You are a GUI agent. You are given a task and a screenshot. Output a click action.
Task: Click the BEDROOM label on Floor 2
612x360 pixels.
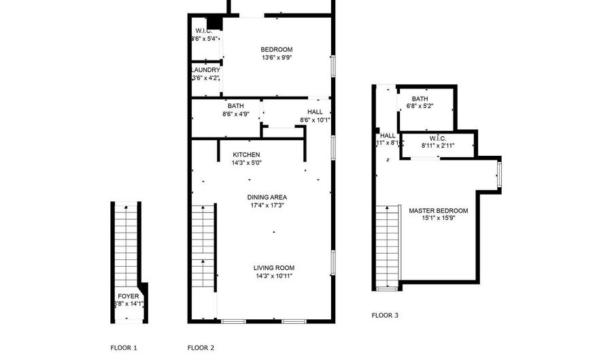pos(277,50)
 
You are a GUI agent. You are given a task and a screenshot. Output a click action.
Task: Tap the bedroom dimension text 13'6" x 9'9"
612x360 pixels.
pos(277,58)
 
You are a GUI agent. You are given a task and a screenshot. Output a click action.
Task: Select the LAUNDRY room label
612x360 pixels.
pos(205,70)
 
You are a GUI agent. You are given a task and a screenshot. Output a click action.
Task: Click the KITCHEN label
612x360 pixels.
pos(246,154)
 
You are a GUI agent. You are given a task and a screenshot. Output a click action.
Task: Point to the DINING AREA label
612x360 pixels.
pos(266,197)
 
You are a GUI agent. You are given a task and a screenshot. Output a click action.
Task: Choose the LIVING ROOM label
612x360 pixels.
pos(274,267)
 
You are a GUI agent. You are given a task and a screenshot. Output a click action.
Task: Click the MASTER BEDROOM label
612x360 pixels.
pos(438,211)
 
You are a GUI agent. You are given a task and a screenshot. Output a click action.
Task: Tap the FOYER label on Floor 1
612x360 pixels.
pos(129,296)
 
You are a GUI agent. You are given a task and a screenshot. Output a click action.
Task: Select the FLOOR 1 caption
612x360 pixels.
pos(124,348)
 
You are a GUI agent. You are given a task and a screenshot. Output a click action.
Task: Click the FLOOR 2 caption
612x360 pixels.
pos(201,348)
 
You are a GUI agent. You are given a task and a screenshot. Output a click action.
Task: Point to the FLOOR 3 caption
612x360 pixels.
pos(385,315)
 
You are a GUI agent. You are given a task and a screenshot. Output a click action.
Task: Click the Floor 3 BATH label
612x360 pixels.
pos(420,99)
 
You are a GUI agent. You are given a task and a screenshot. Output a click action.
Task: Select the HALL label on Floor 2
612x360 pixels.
pos(315,112)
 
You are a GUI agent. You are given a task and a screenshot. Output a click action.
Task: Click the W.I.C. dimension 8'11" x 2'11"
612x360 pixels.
pos(438,146)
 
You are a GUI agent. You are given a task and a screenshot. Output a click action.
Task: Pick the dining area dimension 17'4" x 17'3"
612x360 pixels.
pos(266,205)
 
